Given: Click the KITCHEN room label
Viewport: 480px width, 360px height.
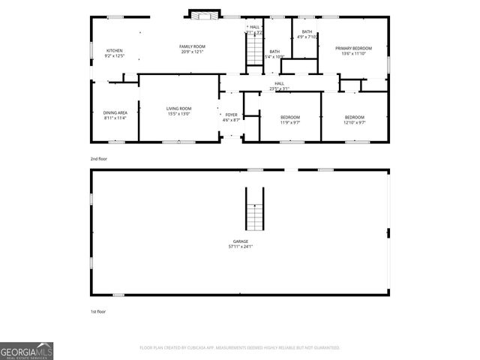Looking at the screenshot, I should point(114,50).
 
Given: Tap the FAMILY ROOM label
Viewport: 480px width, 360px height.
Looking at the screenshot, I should point(192,46).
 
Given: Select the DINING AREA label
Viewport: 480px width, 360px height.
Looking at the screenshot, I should point(115,112).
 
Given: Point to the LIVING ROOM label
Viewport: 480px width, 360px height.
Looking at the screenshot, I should point(178,108).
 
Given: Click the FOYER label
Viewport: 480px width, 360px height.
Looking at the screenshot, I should point(232,115).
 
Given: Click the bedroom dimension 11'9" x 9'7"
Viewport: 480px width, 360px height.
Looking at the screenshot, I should point(290,122).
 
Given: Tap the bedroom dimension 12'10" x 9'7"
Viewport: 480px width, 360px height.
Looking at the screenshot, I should point(355,122).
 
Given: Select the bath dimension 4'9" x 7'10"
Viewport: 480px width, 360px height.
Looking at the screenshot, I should point(307,36).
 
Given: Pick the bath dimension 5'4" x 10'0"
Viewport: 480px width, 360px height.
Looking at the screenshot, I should point(275,56).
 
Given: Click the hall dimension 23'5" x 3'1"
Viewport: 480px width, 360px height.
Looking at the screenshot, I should point(279,88).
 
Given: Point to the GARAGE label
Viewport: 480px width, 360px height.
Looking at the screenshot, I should point(240,241).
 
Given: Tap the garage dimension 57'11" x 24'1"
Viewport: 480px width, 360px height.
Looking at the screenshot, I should point(240,246).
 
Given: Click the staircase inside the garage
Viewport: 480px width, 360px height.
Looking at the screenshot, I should point(255,209).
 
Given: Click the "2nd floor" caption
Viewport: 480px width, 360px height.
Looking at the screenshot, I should point(97,158).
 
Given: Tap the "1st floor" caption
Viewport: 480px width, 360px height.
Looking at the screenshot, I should point(97,310).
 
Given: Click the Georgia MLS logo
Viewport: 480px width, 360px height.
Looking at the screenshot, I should point(26,351).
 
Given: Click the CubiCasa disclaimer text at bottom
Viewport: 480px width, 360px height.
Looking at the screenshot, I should point(240,348).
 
